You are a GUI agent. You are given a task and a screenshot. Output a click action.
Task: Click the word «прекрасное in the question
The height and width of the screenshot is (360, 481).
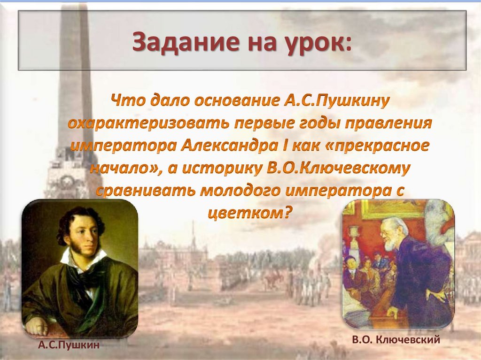pos(374,146)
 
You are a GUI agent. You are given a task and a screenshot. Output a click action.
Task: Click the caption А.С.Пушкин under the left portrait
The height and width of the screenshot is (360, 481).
pos(69,345)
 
